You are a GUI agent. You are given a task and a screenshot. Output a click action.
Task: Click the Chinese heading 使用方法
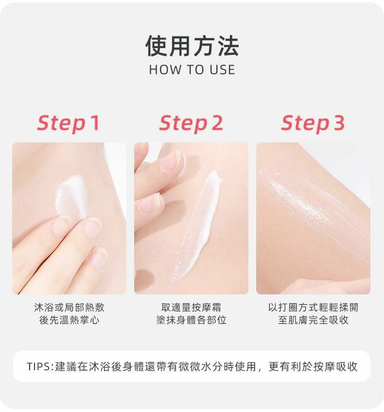tap(192, 46)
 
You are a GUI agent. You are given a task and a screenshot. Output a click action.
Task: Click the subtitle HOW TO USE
tap(192, 70)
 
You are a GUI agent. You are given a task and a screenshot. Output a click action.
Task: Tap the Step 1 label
tap(69, 123)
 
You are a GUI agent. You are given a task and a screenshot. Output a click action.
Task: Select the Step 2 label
tap(191, 123)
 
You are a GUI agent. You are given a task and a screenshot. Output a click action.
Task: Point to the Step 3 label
tap(313, 123)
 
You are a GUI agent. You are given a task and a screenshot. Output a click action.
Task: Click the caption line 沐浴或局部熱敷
tap(69, 308)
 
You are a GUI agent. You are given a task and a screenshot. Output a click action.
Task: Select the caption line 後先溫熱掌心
tap(69, 320)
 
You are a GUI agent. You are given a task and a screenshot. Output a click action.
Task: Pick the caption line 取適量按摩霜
tap(191, 308)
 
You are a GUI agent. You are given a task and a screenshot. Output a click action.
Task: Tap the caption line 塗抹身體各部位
tap(191, 320)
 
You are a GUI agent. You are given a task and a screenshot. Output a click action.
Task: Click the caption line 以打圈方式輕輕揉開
tap(313, 308)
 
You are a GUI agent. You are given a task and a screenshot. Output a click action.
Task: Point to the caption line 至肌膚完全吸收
tap(313, 320)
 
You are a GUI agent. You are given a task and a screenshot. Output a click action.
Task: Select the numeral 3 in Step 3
tap(338, 123)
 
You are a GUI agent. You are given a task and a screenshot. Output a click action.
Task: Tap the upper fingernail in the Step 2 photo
tap(171, 161)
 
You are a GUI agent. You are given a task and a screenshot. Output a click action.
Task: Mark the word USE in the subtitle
tap(222, 70)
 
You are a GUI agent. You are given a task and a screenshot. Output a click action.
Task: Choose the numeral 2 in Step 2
tap(216, 123)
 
